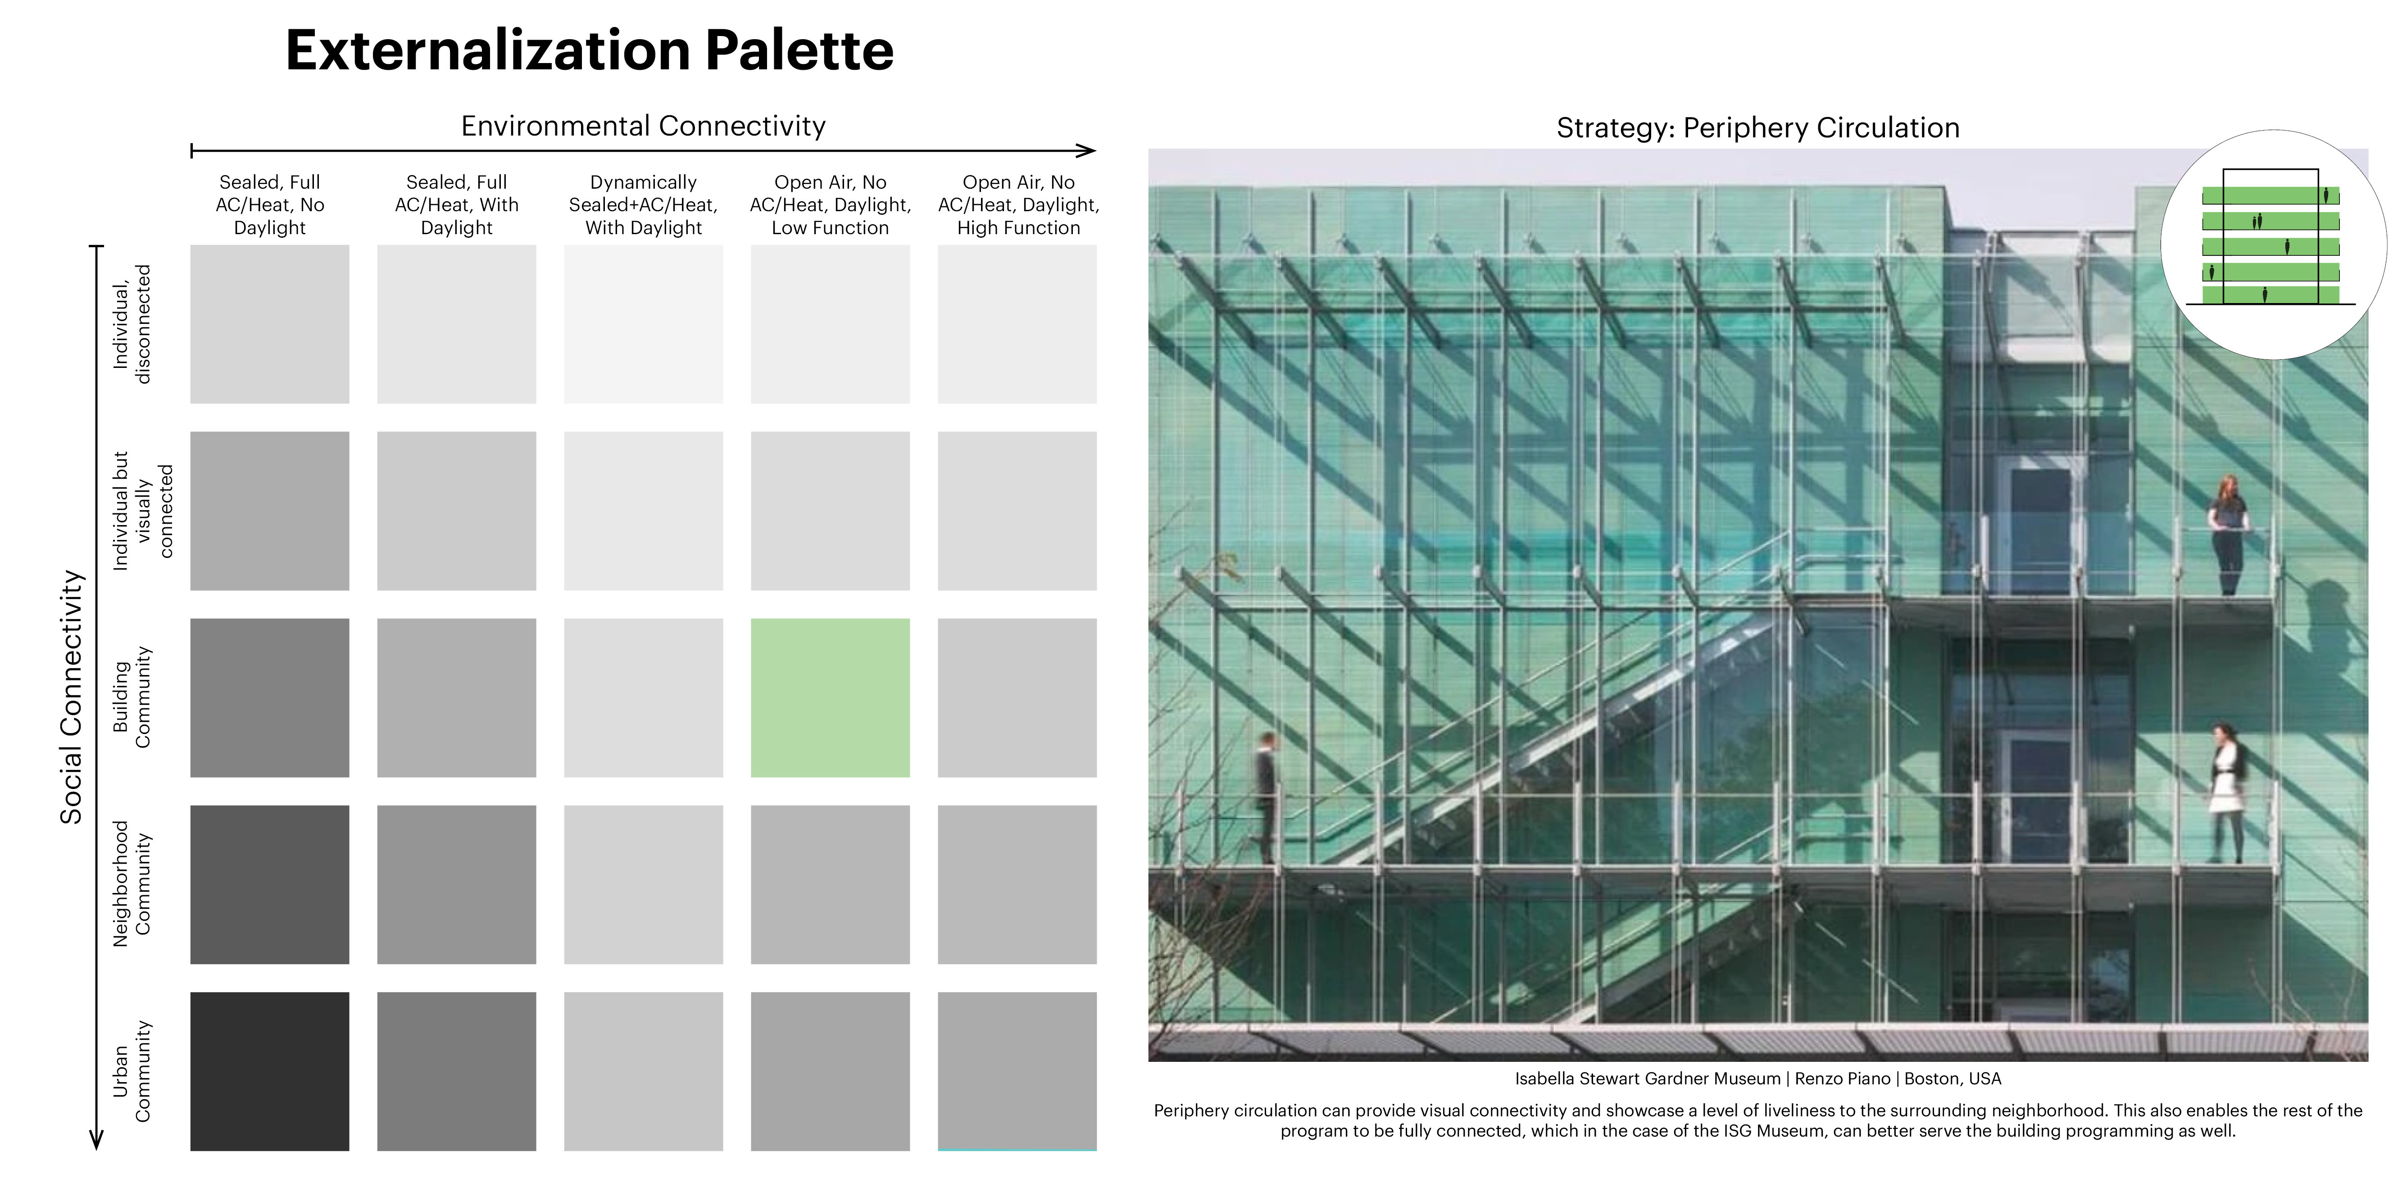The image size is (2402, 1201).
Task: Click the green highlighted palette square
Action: tap(830, 698)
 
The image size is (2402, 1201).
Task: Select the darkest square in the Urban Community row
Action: tap(269, 1071)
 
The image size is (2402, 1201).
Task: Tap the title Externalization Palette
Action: tap(589, 50)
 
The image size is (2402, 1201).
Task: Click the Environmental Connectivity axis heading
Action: tap(643, 126)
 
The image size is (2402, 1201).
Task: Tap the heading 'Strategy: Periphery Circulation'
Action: tap(1757, 128)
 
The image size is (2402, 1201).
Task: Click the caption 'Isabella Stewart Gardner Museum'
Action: tap(1648, 1079)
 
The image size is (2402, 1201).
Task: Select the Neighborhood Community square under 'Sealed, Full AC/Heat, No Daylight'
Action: tap(269, 884)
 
